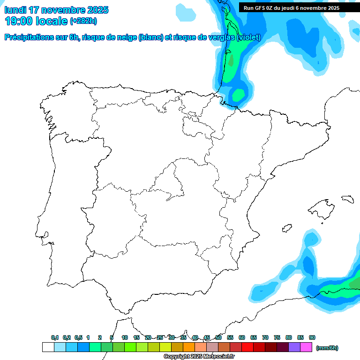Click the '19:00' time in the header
(x=19, y=21)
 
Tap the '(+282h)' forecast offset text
(x=83, y=21)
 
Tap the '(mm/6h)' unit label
(x=327, y=348)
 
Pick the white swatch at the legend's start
(x=48, y=347)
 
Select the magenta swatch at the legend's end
(x=306, y=347)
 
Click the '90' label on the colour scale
(x=312, y=337)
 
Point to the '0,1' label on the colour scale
(x=55, y=337)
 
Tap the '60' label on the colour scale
(x=242, y=337)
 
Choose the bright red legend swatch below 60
(x=247, y=347)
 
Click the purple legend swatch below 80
(x=294, y=347)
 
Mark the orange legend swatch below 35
(x=189, y=347)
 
